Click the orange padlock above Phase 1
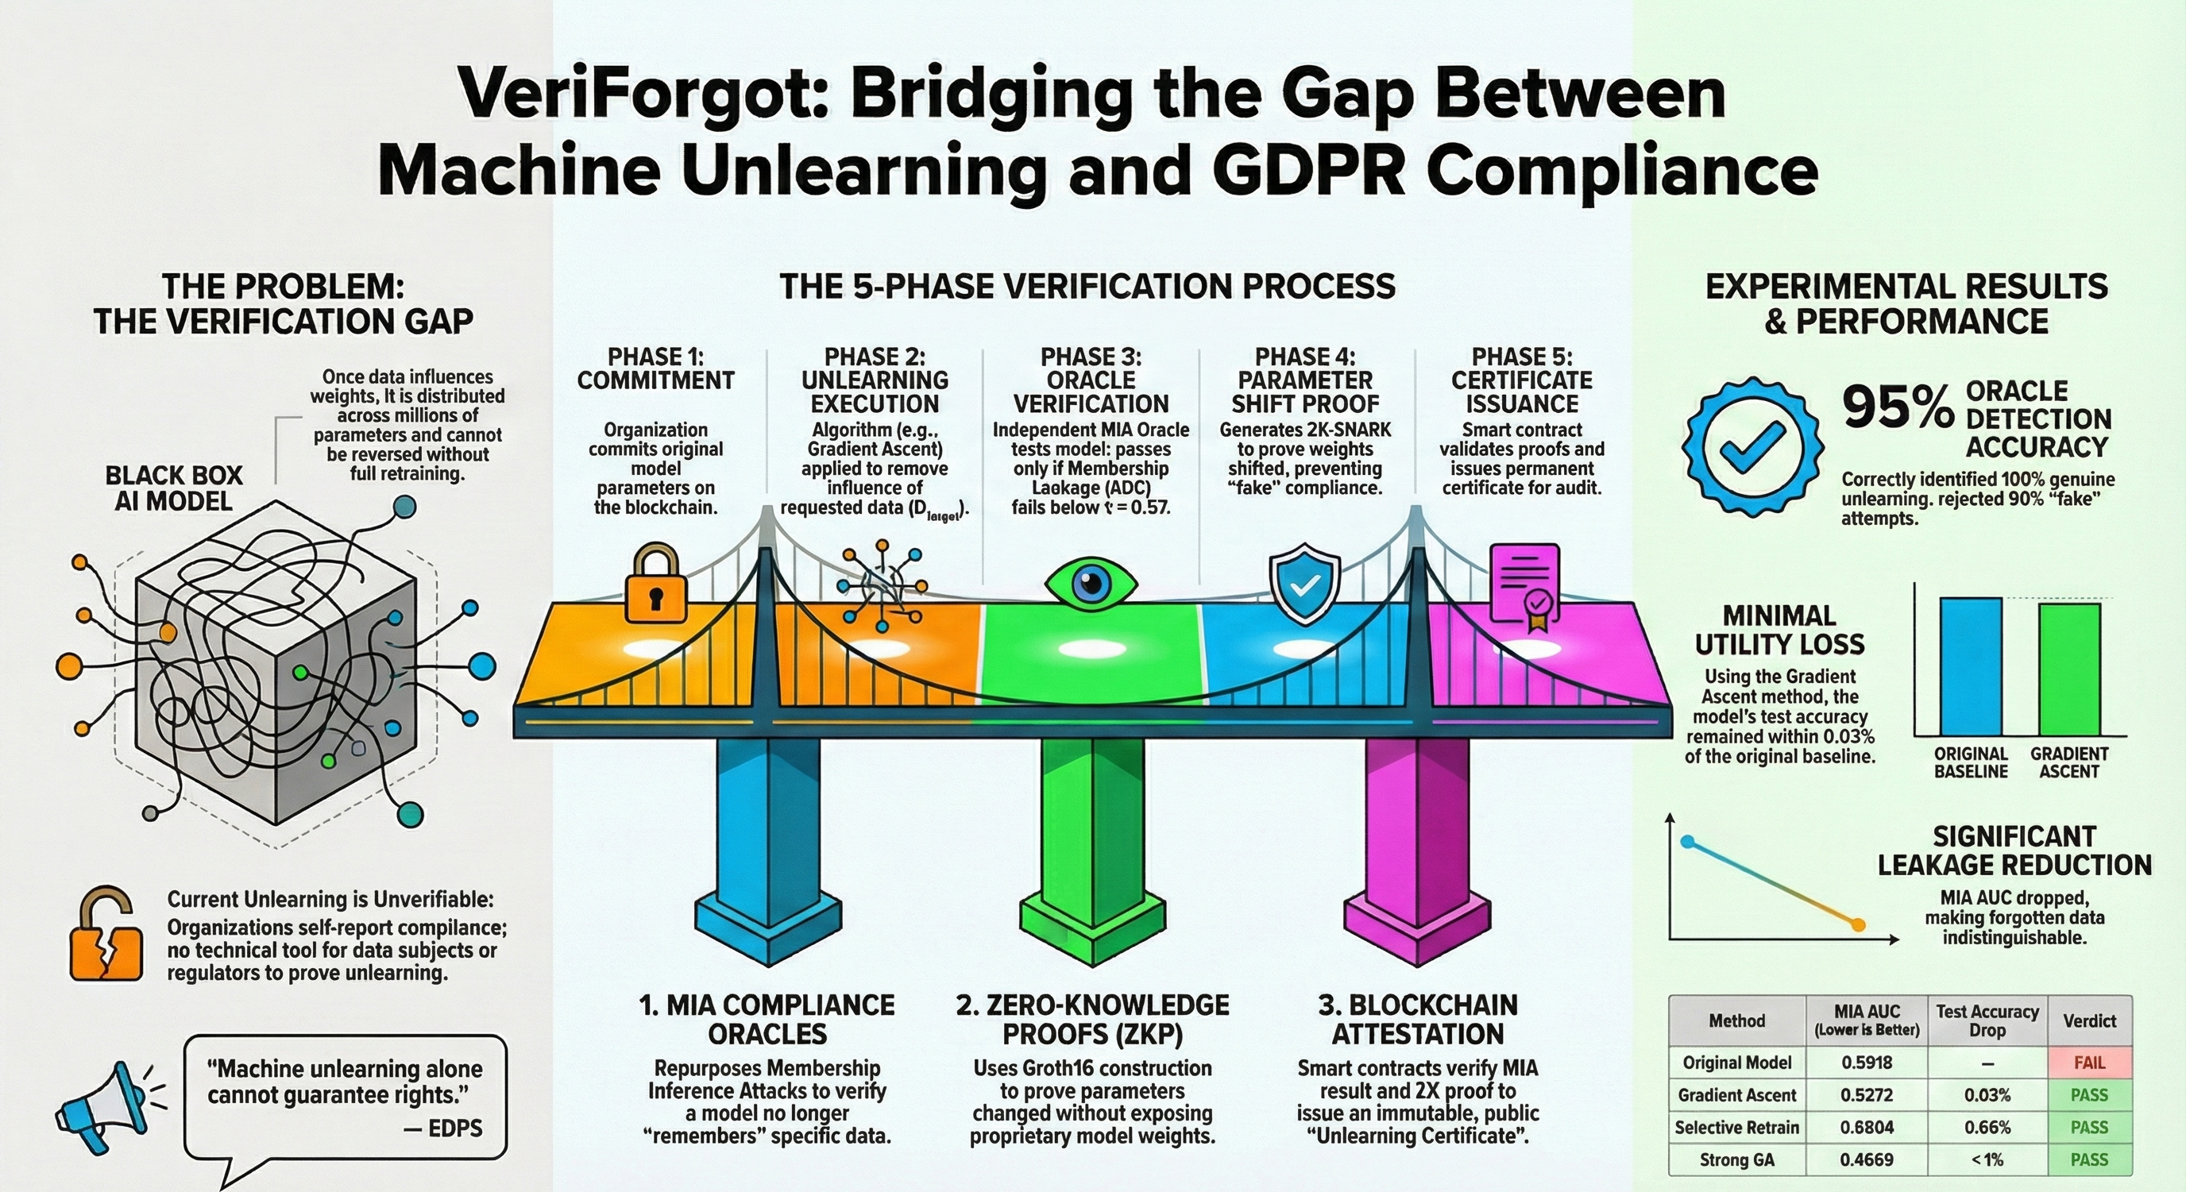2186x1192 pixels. coord(653,587)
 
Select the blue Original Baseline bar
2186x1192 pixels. coord(1971,667)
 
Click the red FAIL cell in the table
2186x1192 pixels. coord(2089,1063)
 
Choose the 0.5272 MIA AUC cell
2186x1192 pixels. coord(1866,1095)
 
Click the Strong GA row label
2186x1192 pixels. coord(1736,1159)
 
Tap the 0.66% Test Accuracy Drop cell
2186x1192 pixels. coord(1987,1128)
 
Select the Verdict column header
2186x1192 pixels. coord(2089,1020)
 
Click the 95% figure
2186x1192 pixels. coord(1898,409)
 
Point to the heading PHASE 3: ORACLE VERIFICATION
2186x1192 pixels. coord(1091,380)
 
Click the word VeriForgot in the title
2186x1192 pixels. coord(640,95)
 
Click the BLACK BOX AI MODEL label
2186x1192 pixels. coord(173,488)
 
